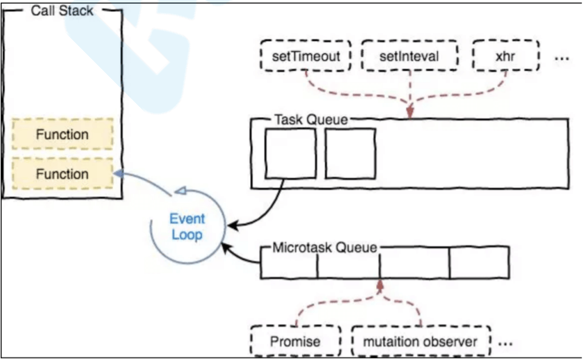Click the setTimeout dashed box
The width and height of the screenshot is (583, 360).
[x=306, y=56]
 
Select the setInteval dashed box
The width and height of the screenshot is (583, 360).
[x=409, y=56]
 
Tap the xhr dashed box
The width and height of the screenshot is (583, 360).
[x=506, y=56]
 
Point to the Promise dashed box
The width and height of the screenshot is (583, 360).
[x=295, y=342]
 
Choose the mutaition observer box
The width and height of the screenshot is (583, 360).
[x=420, y=342]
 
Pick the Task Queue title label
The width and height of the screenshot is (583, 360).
[x=310, y=120]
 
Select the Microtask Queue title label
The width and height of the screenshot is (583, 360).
[x=324, y=247]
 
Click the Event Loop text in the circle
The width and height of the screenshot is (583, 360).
[x=187, y=227]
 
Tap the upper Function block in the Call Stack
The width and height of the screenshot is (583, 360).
[x=62, y=135]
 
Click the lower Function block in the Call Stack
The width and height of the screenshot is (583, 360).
[x=62, y=174]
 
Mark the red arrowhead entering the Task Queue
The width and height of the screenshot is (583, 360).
[x=410, y=113]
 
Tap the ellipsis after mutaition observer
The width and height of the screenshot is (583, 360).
[x=506, y=344]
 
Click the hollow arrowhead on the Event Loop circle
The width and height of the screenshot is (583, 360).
[x=179, y=190]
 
